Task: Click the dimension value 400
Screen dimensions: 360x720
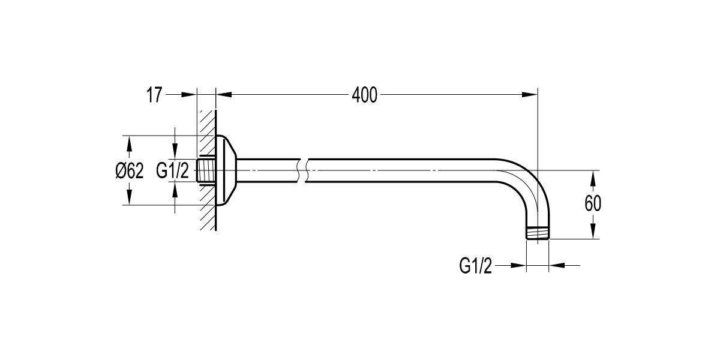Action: click(x=365, y=95)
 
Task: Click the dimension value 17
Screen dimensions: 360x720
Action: click(x=154, y=95)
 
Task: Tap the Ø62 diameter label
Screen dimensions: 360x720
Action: click(x=130, y=171)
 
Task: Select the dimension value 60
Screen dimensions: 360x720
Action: click(x=593, y=204)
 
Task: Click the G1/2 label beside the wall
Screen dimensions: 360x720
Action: click(x=173, y=171)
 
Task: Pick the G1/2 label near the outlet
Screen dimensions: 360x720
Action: click(x=476, y=265)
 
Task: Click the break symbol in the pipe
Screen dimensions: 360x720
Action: click(x=302, y=170)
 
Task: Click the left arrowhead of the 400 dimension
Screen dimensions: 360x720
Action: click(x=223, y=94)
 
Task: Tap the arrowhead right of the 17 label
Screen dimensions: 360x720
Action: click(x=190, y=94)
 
